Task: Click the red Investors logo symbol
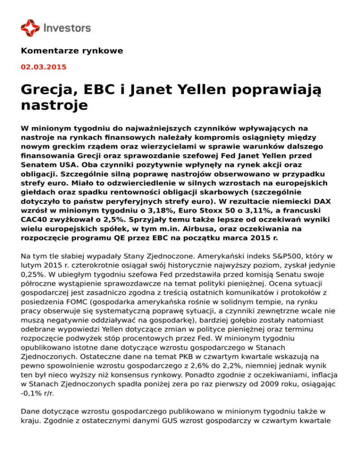coord(30,28)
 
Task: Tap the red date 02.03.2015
coord(44,67)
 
